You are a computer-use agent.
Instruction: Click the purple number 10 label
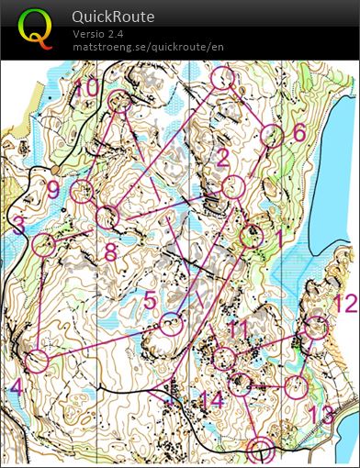pos(86,88)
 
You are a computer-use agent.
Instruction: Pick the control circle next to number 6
pos(272,136)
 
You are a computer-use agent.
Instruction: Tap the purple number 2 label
pos(221,158)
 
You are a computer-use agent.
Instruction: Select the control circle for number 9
pos(83,191)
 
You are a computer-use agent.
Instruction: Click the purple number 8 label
pos(110,251)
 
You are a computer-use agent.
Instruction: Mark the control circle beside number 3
pos(42,244)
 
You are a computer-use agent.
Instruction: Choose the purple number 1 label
pos(279,236)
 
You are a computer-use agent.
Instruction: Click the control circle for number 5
pos(171,323)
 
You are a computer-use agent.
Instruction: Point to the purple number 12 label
pos(344,305)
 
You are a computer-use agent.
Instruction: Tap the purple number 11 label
pos(239,328)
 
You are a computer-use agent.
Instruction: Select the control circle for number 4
pos(37,361)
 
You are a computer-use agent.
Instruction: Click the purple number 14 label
pos(211,399)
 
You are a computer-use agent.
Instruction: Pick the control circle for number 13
pos(294,386)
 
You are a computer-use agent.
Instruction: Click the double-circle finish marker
pos(261,450)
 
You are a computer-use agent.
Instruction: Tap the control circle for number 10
pos(119,102)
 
